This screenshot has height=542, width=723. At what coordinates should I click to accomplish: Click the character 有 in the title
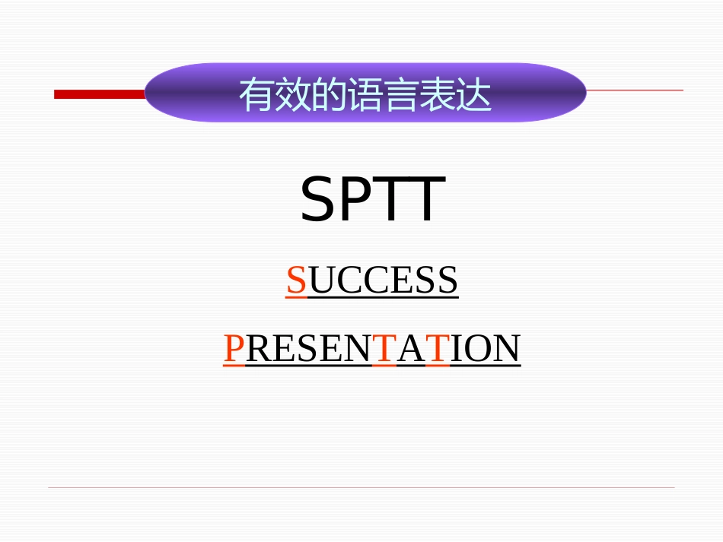(x=256, y=96)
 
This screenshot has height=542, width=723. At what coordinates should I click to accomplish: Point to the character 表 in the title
(x=438, y=96)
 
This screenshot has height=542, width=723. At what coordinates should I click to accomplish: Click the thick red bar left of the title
(x=99, y=94)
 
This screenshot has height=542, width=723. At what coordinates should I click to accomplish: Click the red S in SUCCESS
(x=296, y=281)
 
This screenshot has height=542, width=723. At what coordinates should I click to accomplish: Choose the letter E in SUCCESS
(x=402, y=281)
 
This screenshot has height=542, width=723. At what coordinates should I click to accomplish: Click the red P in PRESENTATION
(x=234, y=349)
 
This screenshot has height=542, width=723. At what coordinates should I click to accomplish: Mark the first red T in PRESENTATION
(x=384, y=349)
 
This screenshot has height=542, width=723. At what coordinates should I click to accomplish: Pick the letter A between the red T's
(x=411, y=349)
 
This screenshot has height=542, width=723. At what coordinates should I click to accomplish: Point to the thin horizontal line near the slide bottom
(x=361, y=487)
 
